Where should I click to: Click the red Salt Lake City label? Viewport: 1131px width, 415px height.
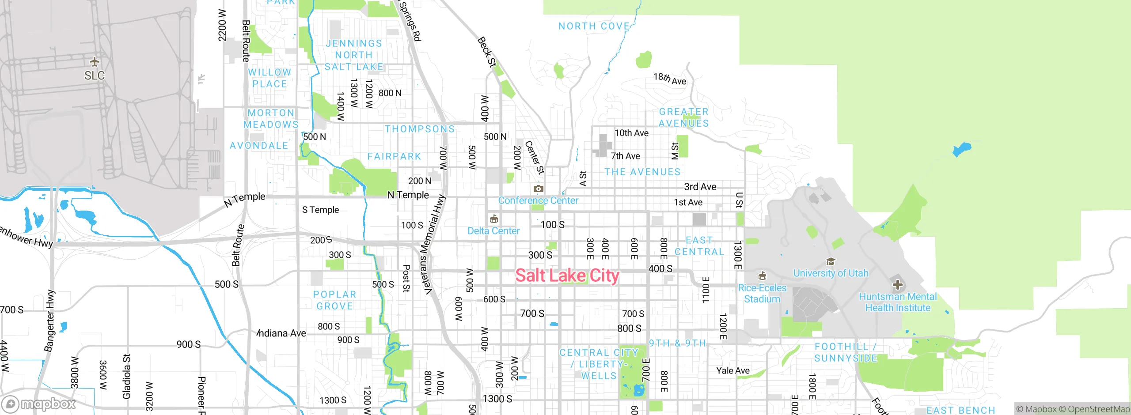point(567,275)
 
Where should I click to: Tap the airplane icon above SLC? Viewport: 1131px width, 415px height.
point(94,61)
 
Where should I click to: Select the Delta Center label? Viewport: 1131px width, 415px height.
point(493,230)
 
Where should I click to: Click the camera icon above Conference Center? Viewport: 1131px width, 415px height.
point(538,189)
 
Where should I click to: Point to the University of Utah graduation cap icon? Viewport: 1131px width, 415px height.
point(831,262)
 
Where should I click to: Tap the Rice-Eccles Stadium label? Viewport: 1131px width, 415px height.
point(762,293)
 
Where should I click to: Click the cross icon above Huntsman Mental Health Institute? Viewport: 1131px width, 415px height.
point(897,285)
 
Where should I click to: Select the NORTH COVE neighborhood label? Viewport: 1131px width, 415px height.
point(594,26)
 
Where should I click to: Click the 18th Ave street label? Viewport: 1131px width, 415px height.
point(670,79)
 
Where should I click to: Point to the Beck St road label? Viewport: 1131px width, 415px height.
point(487,52)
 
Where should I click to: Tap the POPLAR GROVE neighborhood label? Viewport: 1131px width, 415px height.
point(334,300)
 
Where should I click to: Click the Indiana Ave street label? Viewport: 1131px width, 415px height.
point(282,333)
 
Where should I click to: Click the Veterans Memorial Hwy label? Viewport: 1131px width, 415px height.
point(433,245)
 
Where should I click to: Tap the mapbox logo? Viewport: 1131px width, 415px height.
point(39,404)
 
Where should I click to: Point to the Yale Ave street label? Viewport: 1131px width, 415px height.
point(732,371)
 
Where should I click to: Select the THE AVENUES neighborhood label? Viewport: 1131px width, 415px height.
point(642,172)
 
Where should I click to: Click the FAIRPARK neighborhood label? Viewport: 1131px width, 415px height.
point(394,156)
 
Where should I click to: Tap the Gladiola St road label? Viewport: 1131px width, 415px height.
point(127,376)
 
